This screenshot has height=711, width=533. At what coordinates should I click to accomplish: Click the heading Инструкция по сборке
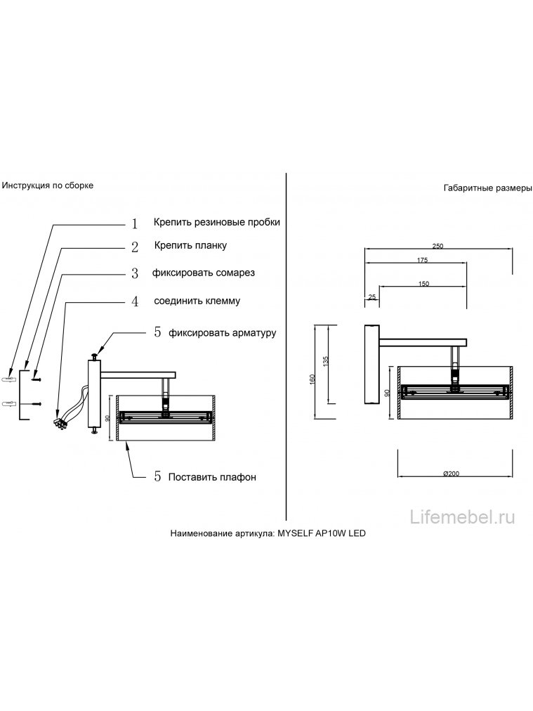tap(48, 185)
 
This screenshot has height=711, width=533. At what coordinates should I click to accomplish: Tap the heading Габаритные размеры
tap(487, 188)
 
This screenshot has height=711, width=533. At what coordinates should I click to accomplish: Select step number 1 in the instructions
tap(135, 223)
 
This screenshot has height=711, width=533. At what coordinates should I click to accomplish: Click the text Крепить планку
tap(190, 246)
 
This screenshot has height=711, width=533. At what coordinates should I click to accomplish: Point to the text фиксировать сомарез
tap(204, 273)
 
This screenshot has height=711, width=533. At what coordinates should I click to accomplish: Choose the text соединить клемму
tap(197, 301)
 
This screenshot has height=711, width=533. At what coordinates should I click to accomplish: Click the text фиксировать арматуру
tap(223, 333)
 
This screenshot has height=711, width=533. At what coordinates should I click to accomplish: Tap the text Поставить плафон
tap(212, 477)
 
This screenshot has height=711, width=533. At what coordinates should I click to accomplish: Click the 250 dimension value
tap(437, 246)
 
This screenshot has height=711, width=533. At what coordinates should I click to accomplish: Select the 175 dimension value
tap(422, 260)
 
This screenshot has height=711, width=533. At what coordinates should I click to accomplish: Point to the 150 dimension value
tap(423, 284)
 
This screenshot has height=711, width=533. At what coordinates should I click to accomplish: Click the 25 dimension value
tap(372, 297)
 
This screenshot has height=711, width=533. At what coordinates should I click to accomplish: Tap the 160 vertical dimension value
tap(312, 379)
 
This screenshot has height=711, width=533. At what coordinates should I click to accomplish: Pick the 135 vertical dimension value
tap(325, 361)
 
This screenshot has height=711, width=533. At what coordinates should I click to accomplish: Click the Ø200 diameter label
tap(451, 474)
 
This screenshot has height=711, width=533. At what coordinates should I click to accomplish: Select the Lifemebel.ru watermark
tap(462, 517)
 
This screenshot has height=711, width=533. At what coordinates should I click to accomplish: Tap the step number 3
tap(135, 274)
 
